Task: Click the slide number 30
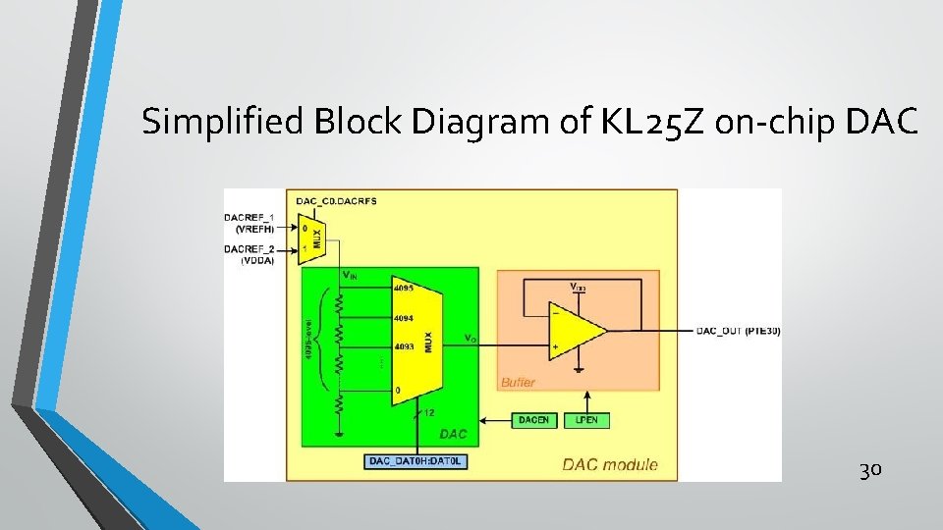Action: tap(869, 470)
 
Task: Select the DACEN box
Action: tap(534, 420)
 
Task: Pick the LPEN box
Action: tap(587, 420)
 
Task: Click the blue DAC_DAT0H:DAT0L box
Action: tap(414, 460)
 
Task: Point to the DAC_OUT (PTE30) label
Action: tap(738, 331)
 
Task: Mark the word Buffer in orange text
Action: tap(518, 382)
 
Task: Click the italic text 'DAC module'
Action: tap(610, 464)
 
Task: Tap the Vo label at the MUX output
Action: tap(471, 339)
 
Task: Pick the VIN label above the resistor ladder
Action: tap(349, 276)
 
